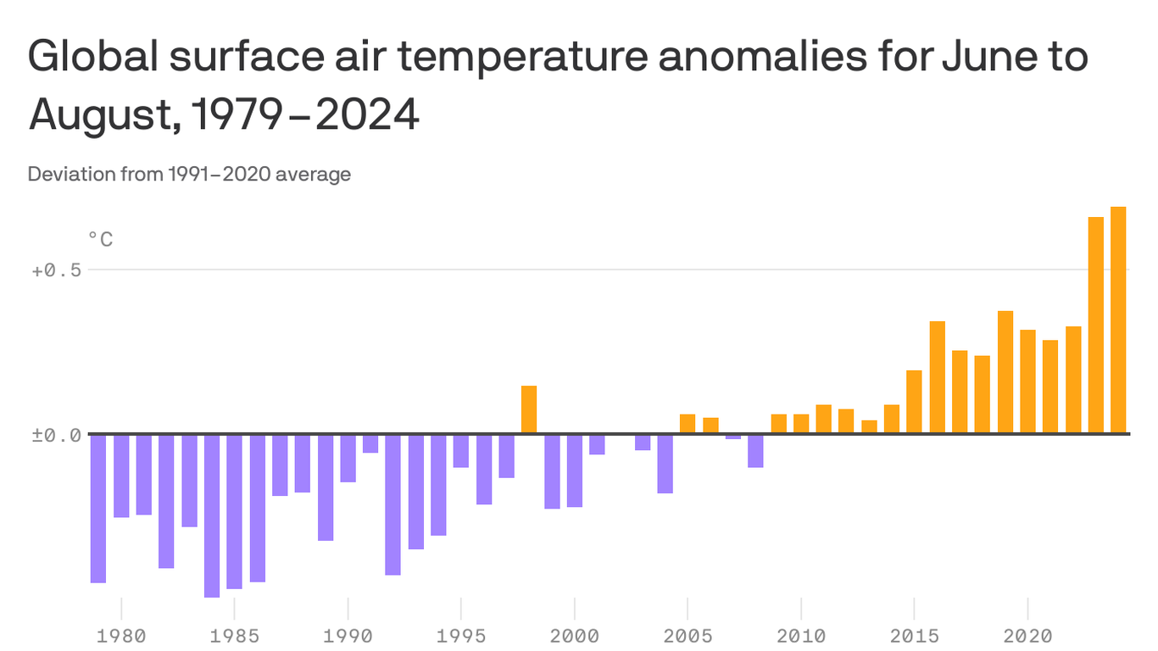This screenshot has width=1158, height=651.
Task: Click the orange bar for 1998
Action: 529,409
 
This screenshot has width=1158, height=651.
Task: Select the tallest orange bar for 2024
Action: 1118,320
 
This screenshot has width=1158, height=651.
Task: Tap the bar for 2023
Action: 1095,325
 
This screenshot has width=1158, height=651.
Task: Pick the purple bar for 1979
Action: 98,508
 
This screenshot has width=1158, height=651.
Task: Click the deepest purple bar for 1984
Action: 212,515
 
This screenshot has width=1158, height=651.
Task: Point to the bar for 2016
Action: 937,377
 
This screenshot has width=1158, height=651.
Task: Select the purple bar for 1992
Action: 392,504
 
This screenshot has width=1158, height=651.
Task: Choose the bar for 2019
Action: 1005,372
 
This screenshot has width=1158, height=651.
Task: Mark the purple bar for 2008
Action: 755,450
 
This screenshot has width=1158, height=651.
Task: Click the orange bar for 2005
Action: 688,424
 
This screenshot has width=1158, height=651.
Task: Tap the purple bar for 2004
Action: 665,463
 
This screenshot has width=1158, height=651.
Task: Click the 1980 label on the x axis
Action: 121,635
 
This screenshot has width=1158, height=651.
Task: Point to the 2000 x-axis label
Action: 575,635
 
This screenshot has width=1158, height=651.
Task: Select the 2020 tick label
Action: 1027,635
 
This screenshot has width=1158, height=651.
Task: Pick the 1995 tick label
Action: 461,635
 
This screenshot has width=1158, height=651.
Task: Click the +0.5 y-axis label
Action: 56,270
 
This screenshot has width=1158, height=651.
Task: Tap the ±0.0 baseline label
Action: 56,434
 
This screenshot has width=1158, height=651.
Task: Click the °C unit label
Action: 100,240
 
